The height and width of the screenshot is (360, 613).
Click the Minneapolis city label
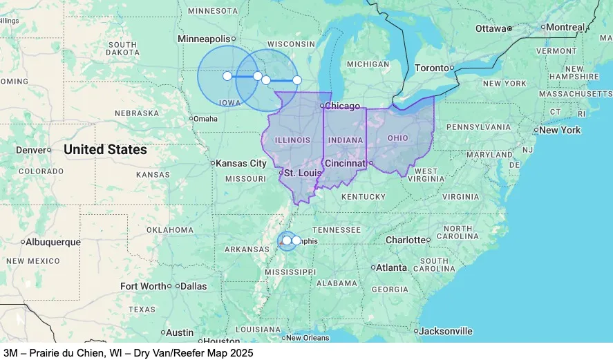pyautogui.click(x=204, y=39)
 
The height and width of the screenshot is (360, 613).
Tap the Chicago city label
pyautogui.click(x=343, y=106)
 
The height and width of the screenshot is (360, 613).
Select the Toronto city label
pyautogui.click(x=432, y=68)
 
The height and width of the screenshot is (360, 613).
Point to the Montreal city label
pyautogui.click(x=566, y=27)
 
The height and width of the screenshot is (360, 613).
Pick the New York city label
pyautogui.click(x=560, y=130)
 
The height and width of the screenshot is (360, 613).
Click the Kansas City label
pyautogui.click(x=241, y=163)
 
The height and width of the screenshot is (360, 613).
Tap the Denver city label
pyautogui.click(x=30, y=150)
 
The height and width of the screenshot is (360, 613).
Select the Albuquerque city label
pyautogui.click(x=53, y=242)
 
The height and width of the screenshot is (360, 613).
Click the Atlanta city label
pyautogui.click(x=392, y=267)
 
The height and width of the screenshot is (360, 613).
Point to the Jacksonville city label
pyautogui.click(x=446, y=331)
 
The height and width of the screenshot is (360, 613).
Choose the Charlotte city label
pyautogui.click(x=406, y=240)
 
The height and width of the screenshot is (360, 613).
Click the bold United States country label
pyautogui.click(x=105, y=149)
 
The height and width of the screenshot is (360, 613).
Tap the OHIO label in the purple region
pyautogui.click(x=398, y=138)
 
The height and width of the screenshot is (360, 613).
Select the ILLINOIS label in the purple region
pyautogui.click(x=292, y=140)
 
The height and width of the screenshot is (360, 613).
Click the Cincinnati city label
pyautogui.click(x=345, y=163)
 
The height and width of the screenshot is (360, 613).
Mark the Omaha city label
pyautogui.click(x=205, y=118)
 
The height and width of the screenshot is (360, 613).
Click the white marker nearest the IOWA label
pyautogui.click(x=227, y=76)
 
